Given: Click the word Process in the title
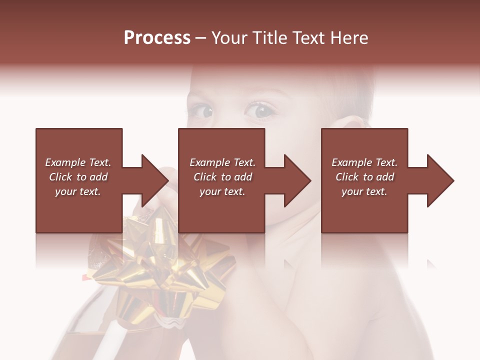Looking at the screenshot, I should click(157, 38).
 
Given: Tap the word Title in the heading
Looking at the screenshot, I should click(269, 38).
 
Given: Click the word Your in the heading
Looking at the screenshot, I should click(230, 38).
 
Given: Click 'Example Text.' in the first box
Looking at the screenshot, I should click(78, 162).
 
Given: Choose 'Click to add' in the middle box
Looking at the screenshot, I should click(222, 177).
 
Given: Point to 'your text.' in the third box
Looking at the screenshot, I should click(364, 191).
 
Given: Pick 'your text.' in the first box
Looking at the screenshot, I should click(78, 191).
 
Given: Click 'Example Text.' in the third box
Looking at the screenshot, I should click(364, 162).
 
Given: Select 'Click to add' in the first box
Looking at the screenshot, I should click(78, 177).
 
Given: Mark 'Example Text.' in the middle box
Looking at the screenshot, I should click(222, 162).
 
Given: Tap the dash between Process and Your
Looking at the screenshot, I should click(201, 38).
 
